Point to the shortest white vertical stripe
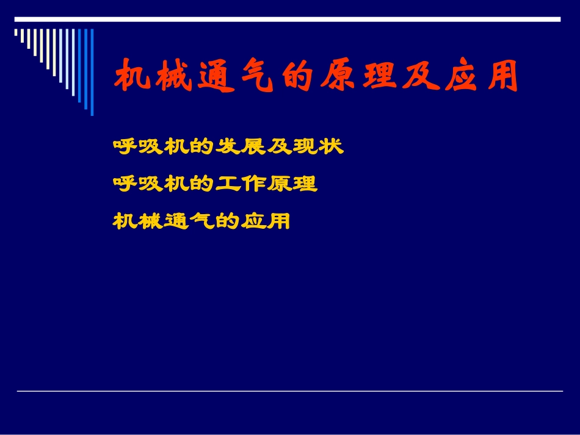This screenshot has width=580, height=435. pyautogui.click(x=16, y=33)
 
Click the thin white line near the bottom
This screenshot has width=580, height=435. pyautogui.click(x=289, y=391)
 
